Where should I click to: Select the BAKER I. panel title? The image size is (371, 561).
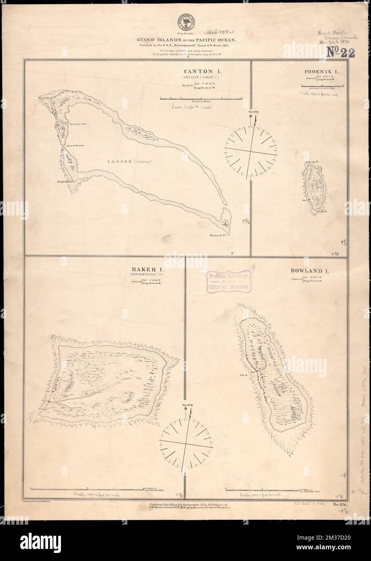click(141, 268)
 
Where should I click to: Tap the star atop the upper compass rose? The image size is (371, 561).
click(252, 116)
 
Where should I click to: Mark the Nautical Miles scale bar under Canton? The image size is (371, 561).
click(191, 98)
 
